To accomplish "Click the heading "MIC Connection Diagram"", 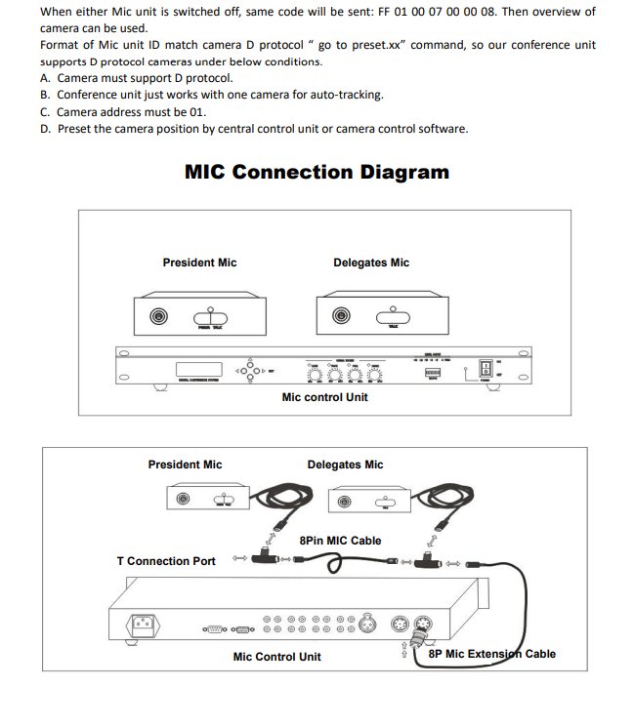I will point(317,173).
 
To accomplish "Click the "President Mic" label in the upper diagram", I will point(199,263).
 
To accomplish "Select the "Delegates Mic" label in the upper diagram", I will point(371,263).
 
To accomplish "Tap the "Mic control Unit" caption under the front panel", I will point(324,397).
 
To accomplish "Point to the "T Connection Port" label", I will point(166,561).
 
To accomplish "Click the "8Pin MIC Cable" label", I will point(340,541).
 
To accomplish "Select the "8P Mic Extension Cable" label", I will point(491,654).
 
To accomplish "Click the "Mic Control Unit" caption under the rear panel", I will point(276,657).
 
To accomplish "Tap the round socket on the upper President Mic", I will point(157,316).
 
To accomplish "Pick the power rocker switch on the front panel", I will point(485,369).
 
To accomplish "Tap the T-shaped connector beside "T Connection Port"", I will point(263,560).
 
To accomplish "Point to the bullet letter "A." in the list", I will point(46,78).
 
